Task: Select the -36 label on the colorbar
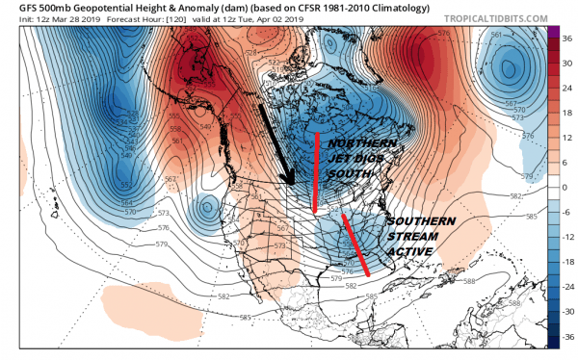coord(568,337)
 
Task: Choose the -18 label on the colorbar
coord(568,262)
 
